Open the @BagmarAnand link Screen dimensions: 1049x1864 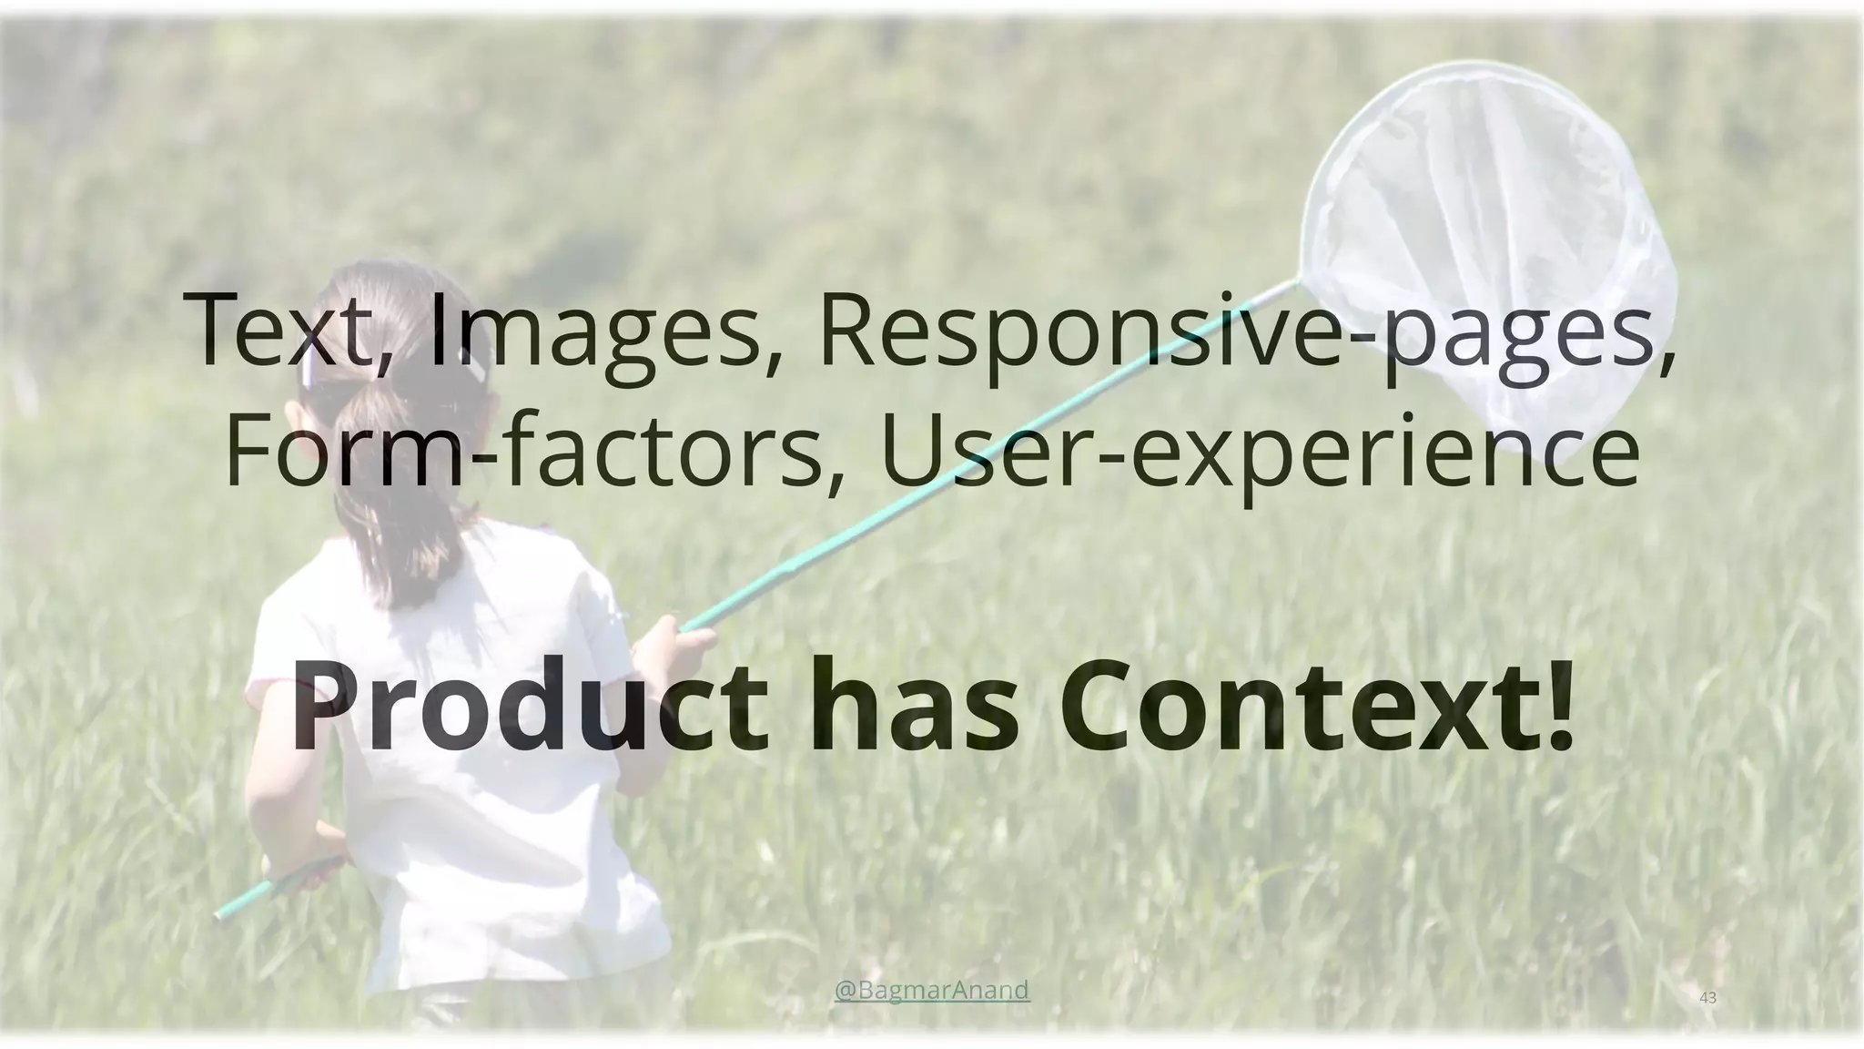coord(932,989)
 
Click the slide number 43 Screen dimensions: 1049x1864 coord(1708,998)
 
